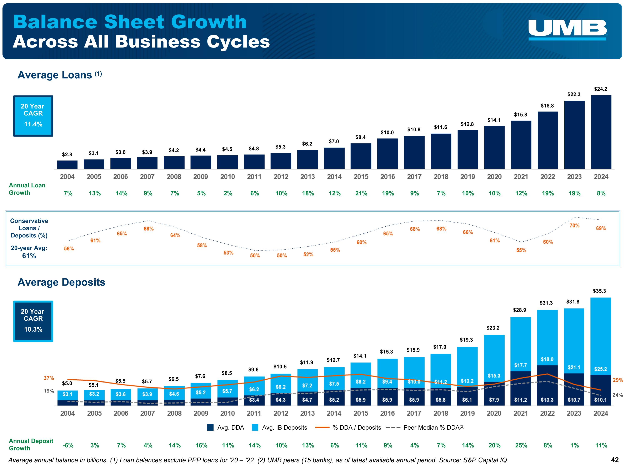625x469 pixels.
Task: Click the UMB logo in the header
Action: (x=567, y=29)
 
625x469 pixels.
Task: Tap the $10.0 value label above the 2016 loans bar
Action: (x=387, y=133)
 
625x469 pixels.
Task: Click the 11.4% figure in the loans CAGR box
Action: (x=33, y=124)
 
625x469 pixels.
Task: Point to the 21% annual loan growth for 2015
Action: (x=361, y=193)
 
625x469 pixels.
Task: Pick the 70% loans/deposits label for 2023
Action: (x=574, y=226)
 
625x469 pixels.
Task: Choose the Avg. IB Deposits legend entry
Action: (x=279, y=428)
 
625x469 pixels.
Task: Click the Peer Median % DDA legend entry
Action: (x=425, y=428)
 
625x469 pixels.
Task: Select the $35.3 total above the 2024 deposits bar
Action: (x=599, y=291)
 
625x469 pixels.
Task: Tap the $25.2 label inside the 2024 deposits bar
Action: (x=600, y=369)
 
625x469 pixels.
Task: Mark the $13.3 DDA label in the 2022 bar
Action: (x=547, y=400)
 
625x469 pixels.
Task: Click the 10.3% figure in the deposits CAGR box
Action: (x=33, y=329)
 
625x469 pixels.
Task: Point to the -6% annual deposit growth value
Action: (x=68, y=445)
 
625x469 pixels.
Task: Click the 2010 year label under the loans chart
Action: (x=227, y=177)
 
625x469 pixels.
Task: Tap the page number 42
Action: (x=615, y=460)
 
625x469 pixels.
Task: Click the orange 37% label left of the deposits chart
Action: (x=49, y=378)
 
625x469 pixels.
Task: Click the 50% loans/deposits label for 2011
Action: (x=255, y=256)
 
